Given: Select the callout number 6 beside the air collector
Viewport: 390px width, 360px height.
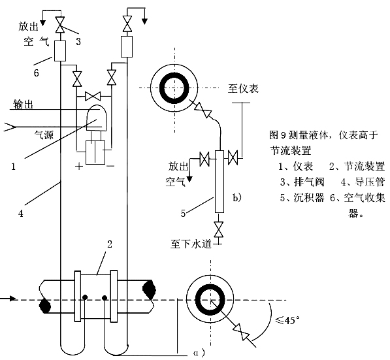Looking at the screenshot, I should (x=37, y=73).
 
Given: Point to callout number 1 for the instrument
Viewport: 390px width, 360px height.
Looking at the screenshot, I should (x=12, y=166).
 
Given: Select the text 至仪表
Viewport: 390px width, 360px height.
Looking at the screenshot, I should (x=244, y=88).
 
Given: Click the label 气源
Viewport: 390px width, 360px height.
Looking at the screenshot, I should (x=45, y=137).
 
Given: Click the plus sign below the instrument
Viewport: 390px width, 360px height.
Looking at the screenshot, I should (x=79, y=166).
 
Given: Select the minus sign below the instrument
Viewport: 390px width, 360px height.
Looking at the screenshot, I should (x=110, y=166).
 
